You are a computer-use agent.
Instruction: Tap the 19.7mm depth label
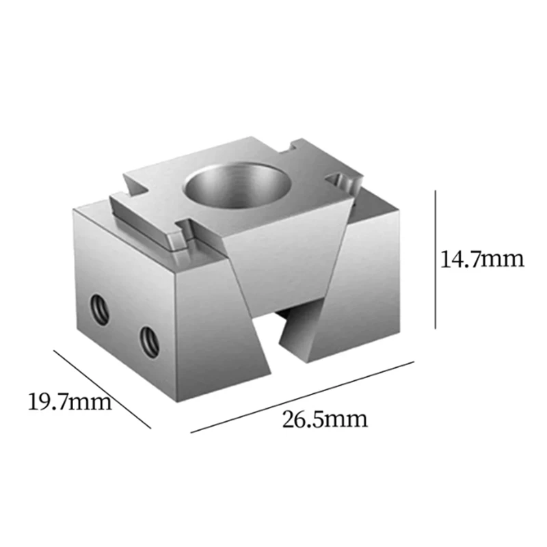(x=68, y=401)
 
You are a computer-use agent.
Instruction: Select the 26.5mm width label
(x=325, y=418)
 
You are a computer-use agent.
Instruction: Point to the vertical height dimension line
(x=436, y=260)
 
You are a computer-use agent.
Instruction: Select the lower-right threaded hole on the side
(x=148, y=340)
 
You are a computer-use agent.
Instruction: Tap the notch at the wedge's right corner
(x=342, y=183)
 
